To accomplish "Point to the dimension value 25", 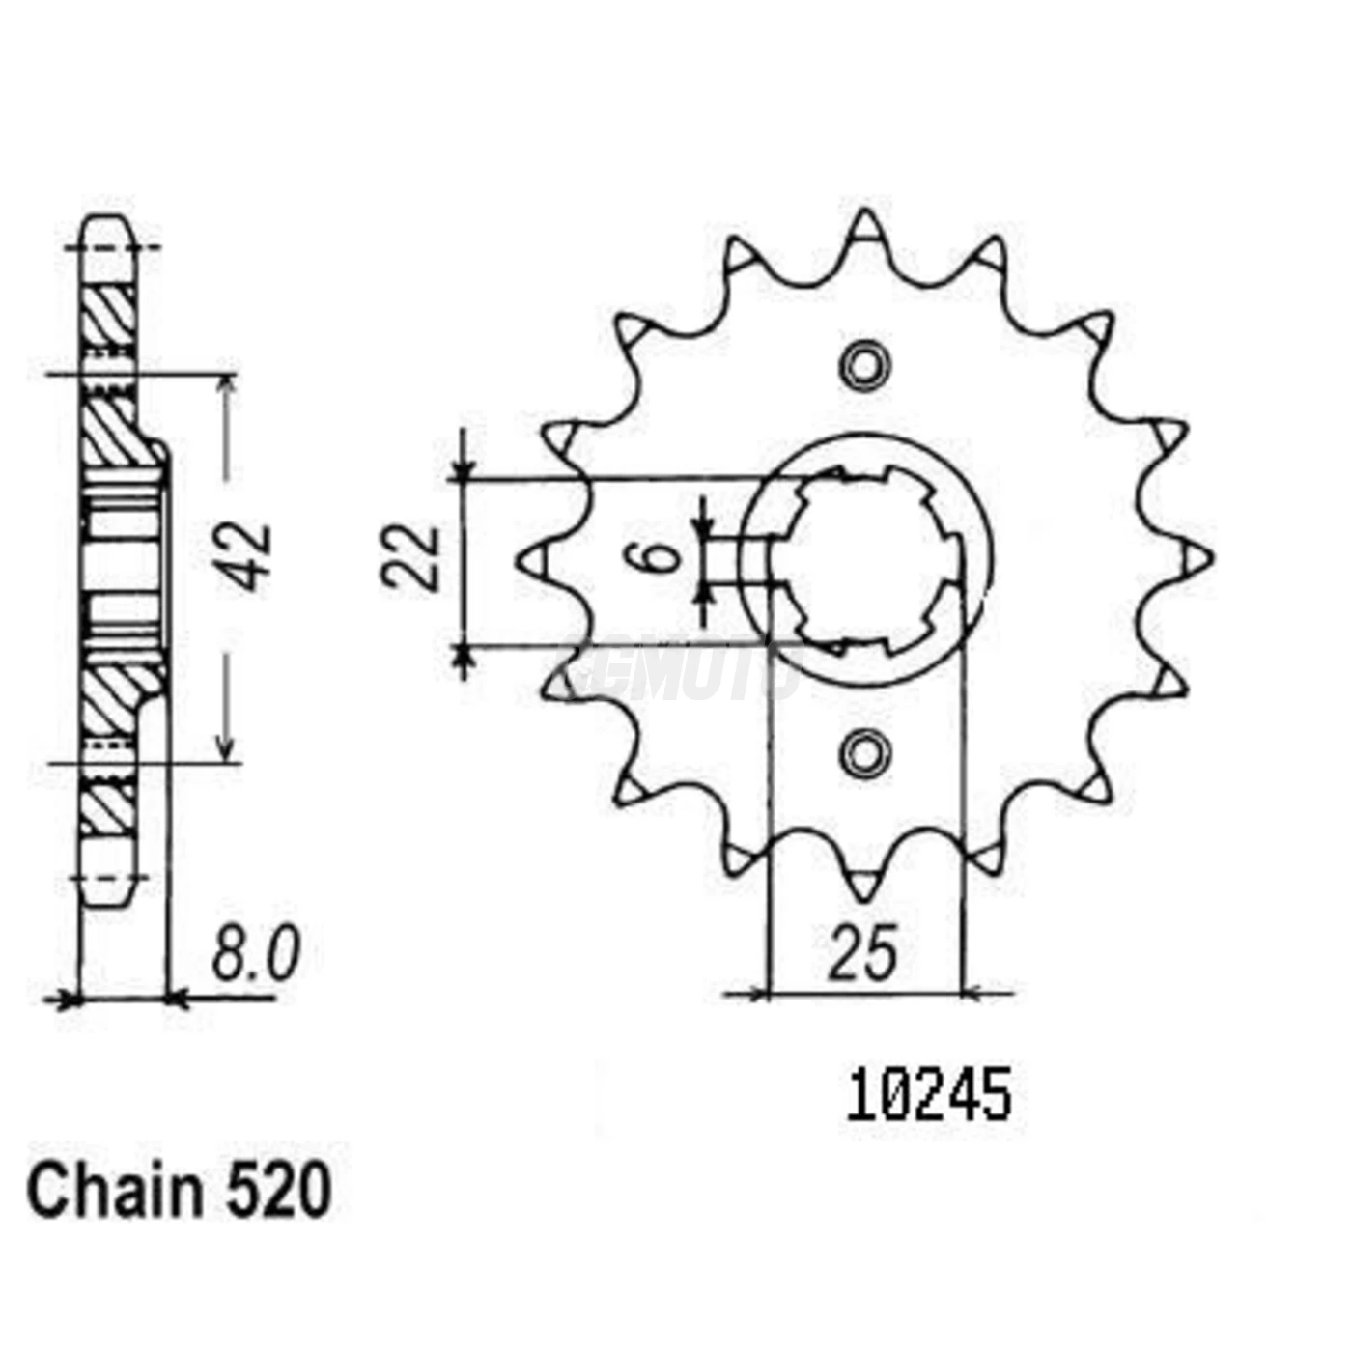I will click(x=862, y=954).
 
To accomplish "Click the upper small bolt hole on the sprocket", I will click(x=863, y=365).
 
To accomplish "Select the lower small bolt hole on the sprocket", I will click(x=863, y=752).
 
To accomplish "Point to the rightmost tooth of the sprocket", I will click(x=1197, y=558).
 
